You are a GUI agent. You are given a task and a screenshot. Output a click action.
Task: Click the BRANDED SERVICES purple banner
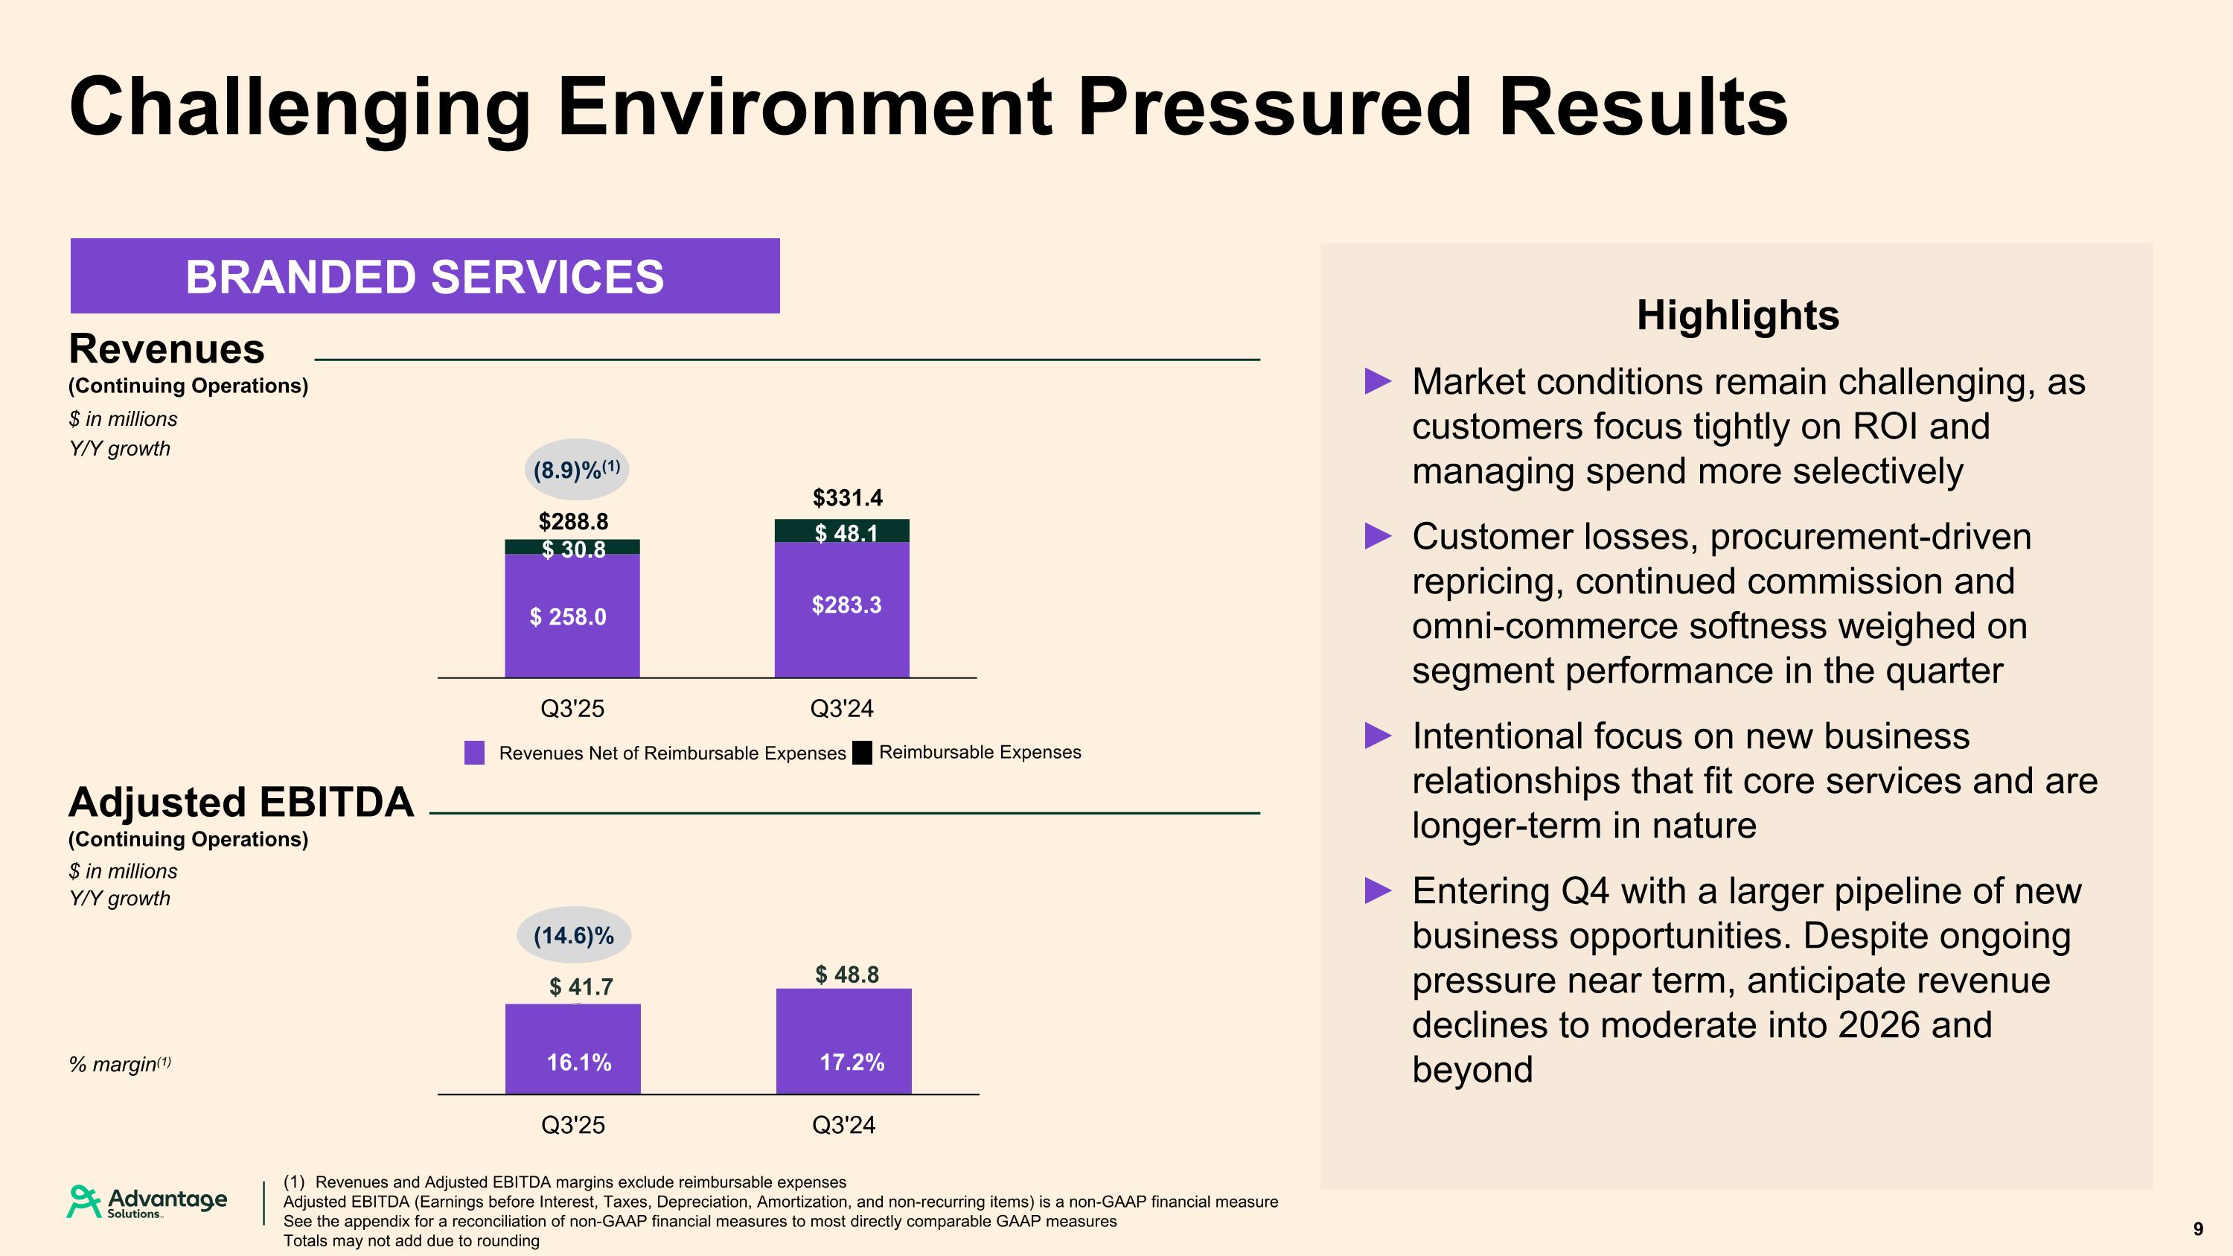425,275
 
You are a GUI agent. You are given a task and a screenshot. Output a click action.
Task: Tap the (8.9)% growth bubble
576,470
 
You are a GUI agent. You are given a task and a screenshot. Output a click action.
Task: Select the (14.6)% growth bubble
574,935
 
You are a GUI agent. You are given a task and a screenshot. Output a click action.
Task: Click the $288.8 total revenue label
573,521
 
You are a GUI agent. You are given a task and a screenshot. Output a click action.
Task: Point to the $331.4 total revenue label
847,497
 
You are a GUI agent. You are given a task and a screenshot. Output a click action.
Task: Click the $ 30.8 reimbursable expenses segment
573,548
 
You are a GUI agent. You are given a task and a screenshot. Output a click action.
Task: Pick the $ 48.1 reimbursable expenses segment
843,532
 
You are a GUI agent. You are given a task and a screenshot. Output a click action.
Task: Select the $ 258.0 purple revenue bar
572,616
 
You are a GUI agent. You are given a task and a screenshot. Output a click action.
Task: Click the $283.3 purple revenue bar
843,607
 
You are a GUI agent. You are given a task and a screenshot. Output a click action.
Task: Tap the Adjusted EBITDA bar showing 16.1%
573,1049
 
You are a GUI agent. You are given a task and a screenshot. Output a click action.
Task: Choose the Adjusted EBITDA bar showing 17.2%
843,1042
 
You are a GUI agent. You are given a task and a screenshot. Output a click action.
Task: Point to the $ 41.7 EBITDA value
581,986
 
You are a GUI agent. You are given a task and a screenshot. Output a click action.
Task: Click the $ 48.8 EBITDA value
847,975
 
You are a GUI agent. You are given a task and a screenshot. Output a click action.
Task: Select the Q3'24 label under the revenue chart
842,709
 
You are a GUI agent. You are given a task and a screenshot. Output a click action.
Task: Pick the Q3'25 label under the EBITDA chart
573,1125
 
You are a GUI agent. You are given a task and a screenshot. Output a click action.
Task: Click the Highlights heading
1737,315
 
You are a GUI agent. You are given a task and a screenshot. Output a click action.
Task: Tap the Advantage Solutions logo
147,1202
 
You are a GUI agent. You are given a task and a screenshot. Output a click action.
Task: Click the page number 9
2197,1228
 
